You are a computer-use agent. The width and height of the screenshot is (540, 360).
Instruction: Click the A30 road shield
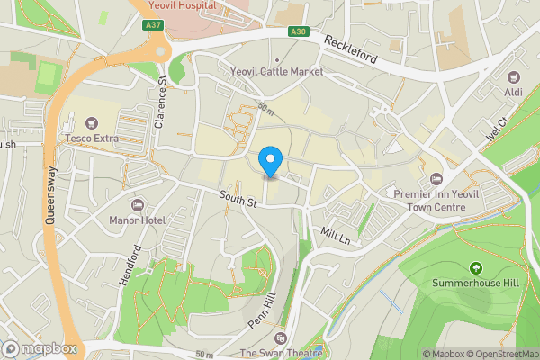click(x=298, y=31)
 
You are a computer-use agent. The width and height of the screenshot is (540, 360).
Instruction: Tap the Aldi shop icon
click(x=514, y=79)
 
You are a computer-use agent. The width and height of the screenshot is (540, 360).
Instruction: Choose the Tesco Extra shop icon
click(x=90, y=123)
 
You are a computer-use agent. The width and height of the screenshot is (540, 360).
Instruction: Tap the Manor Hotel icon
click(x=138, y=206)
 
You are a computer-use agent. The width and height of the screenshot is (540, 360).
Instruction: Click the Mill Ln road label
click(x=335, y=235)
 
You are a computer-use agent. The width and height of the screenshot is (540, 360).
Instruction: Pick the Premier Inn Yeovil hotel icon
click(x=436, y=178)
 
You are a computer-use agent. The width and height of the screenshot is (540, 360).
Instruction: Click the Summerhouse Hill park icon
click(x=474, y=267)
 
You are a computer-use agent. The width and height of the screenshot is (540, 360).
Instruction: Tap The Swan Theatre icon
click(x=280, y=338)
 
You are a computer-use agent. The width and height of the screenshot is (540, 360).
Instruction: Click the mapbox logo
click(x=40, y=348)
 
